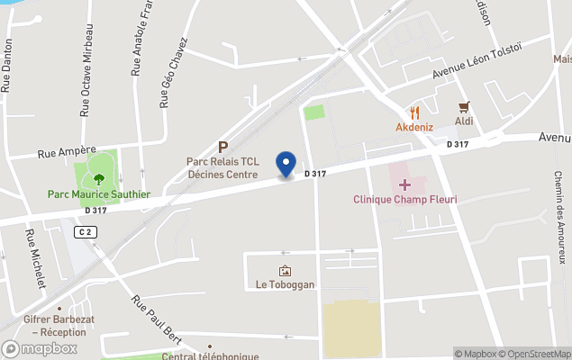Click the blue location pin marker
pyautogui.click(x=286, y=164)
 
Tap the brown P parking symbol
pyautogui.click(x=222, y=147)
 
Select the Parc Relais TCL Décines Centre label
pyautogui.click(x=222, y=167)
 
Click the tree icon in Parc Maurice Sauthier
pyautogui.click(x=99, y=178)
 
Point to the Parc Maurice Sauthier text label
pyautogui.click(x=99, y=193)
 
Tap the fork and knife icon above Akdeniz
pyautogui.click(x=414, y=112)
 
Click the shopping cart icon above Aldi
pyautogui.click(x=465, y=106)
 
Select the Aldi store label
pyautogui.click(x=465, y=121)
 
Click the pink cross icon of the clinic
pyautogui.click(x=404, y=184)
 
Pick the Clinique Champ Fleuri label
pyautogui.click(x=404, y=199)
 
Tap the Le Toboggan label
pyautogui.click(x=285, y=285)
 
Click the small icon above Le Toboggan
pyautogui.click(x=285, y=271)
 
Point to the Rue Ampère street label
pyautogui.click(x=67, y=153)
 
